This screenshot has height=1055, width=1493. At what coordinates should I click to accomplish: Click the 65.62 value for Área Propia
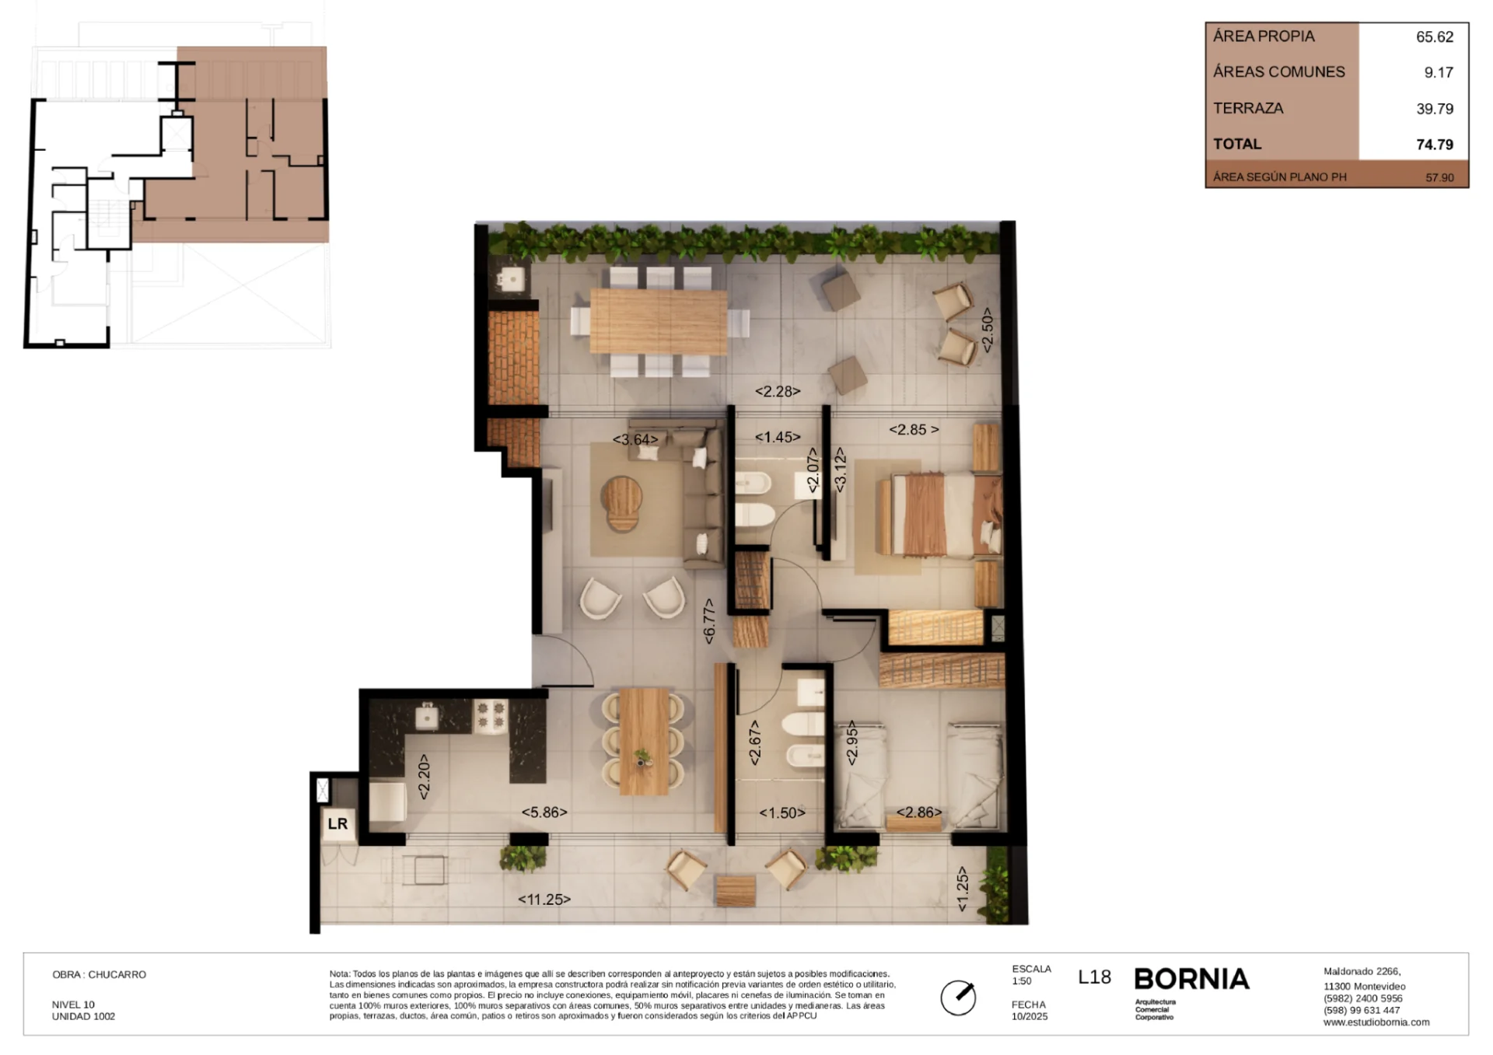pyautogui.click(x=1434, y=37)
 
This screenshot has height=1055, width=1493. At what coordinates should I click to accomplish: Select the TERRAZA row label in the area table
pyautogui.click(x=1248, y=108)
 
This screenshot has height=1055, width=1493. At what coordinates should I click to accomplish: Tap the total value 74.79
pyautogui.click(x=1434, y=145)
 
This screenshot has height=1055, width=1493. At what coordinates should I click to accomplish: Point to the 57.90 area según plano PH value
pyautogui.click(x=1439, y=177)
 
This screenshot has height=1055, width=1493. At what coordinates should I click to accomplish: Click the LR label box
pyautogui.click(x=337, y=824)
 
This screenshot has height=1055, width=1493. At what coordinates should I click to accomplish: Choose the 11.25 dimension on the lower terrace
pyautogui.click(x=544, y=900)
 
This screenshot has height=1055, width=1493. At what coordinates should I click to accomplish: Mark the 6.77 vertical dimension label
pyautogui.click(x=708, y=620)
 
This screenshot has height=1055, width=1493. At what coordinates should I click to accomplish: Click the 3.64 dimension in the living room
pyautogui.click(x=635, y=439)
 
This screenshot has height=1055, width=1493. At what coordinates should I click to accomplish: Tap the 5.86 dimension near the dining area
pyautogui.click(x=544, y=812)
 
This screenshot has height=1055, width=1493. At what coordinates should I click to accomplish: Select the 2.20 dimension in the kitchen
pyautogui.click(x=424, y=776)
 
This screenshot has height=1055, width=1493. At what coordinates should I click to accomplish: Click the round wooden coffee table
pyautogui.click(x=623, y=503)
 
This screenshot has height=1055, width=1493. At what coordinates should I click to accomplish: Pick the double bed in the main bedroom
pyautogui.click(x=939, y=515)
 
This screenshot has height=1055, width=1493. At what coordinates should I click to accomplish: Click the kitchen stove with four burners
pyautogui.click(x=491, y=716)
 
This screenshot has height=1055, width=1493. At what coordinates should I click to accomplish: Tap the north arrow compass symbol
pyautogui.click(x=958, y=997)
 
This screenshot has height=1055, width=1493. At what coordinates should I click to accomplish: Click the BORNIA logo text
pyautogui.click(x=1191, y=979)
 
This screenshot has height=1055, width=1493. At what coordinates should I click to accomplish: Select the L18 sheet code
pyautogui.click(x=1094, y=977)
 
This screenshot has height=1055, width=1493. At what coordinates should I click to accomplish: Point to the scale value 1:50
pyautogui.click(x=1022, y=981)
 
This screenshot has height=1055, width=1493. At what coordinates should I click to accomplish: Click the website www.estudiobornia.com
pyautogui.click(x=1376, y=1022)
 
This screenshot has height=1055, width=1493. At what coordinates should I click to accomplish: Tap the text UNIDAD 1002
pyautogui.click(x=83, y=1016)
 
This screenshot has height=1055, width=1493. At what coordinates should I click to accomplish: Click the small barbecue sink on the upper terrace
pyautogui.click(x=512, y=278)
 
